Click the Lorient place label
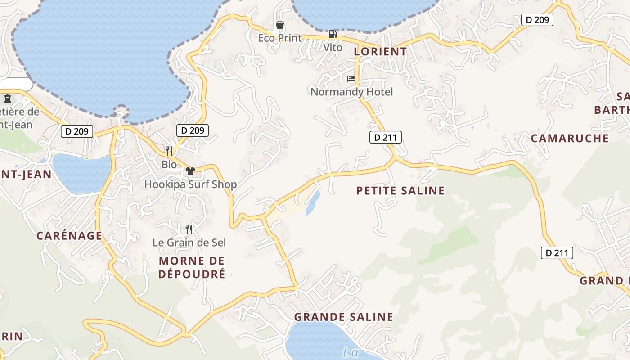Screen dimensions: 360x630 pyautogui.click(x=380, y=51)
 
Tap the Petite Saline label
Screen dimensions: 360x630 pyautogui.click(x=400, y=191)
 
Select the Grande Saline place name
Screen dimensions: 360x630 pyautogui.click(x=344, y=317)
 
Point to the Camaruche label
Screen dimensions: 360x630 pyautogui.click(x=570, y=138)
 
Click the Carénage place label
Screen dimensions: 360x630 pyautogui.click(x=69, y=235)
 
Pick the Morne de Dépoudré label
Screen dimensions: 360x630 pyautogui.click(x=192, y=267)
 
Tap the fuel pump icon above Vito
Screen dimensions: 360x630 pyautogui.click(x=333, y=34)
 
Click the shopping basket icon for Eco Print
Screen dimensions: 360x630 pyautogui.click(x=280, y=25)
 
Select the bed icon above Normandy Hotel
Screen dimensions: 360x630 pyautogui.click(x=351, y=79)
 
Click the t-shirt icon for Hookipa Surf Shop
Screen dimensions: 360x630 pyautogui.click(x=190, y=171)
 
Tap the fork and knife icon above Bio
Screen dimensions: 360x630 pyautogui.click(x=169, y=151)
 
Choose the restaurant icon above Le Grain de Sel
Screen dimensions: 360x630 pyautogui.click(x=189, y=229)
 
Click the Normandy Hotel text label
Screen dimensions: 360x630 pyautogui.click(x=351, y=92)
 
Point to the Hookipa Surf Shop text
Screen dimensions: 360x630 pyautogui.click(x=190, y=184)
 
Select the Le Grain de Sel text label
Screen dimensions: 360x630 pyautogui.click(x=189, y=243)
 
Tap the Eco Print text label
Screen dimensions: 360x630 pyautogui.click(x=280, y=38)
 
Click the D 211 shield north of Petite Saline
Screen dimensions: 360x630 pyautogui.click(x=385, y=137)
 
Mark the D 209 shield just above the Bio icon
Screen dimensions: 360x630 pyautogui.click(x=192, y=130)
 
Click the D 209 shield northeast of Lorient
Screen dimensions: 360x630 pyautogui.click(x=537, y=20)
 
